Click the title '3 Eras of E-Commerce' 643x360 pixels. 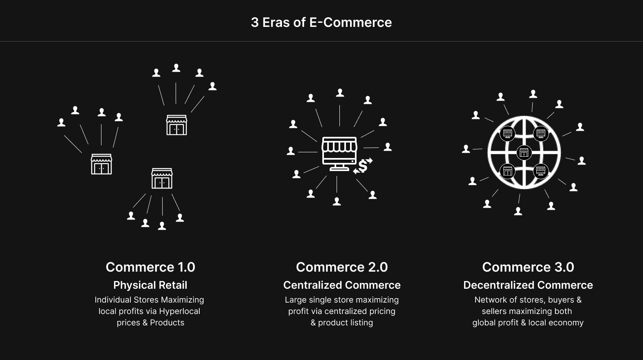click(x=321, y=22)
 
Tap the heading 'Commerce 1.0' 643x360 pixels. click(x=150, y=267)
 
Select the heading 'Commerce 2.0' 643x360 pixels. click(x=341, y=267)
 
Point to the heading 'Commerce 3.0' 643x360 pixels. click(x=528, y=267)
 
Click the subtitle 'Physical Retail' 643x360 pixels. click(x=150, y=285)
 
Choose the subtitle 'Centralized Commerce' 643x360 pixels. click(x=341, y=285)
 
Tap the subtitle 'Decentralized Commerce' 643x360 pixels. click(x=528, y=285)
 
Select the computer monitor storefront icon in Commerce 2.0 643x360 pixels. click(x=339, y=153)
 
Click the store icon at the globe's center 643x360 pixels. click(x=524, y=153)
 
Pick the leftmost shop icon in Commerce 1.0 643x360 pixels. click(x=101, y=164)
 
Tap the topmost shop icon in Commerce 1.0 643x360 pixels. click(x=176, y=125)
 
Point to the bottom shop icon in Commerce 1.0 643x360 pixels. click(x=162, y=178)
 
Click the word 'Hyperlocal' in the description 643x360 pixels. click(x=180, y=311)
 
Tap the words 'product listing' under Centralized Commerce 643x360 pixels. click(x=345, y=323)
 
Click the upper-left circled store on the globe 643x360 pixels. click(x=507, y=133)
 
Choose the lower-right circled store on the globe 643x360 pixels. click(x=541, y=171)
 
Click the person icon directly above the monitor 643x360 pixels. click(x=340, y=93)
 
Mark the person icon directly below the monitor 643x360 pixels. click(x=337, y=201)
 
